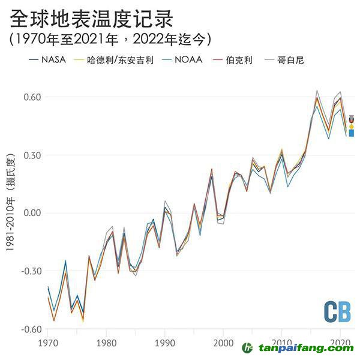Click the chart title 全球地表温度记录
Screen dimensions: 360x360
pos(91,19)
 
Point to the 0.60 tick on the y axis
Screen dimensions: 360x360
pos(32,97)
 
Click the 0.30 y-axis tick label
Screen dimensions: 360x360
pos(32,155)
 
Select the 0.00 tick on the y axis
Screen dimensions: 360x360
pos(32,213)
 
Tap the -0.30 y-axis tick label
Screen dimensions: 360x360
pos(31,271)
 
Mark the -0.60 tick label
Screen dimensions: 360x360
pos(31,329)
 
